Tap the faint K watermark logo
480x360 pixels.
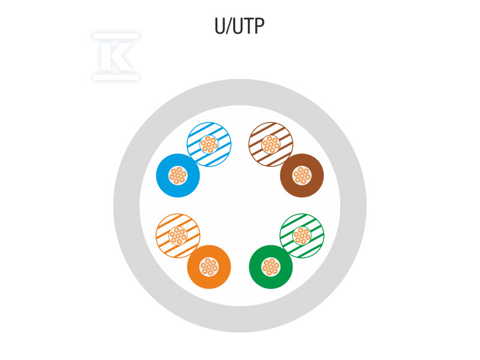[x=116, y=56]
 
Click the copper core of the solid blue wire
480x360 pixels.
[x=178, y=176]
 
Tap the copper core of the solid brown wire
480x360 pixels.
[x=302, y=176]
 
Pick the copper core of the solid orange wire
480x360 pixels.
[x=209, y=266]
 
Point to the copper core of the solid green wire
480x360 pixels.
[x=271, y=266]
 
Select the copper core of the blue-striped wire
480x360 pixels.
[x=209, y=144]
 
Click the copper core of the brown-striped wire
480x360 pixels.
[x=271, y=144]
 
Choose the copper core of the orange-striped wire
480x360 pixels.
[x=178, y=235]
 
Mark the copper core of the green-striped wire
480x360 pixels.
[x=302, y=235]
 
